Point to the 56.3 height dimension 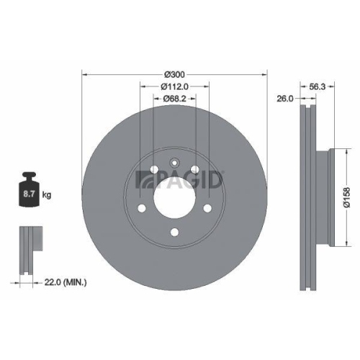coord(318,85)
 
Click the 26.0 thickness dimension coord(284,99)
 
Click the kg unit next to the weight coord(48,195)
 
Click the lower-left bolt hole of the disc coord(141,209)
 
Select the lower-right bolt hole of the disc coord(207,209)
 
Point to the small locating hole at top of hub coord(174,162)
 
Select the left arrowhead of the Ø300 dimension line coord(84,74)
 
